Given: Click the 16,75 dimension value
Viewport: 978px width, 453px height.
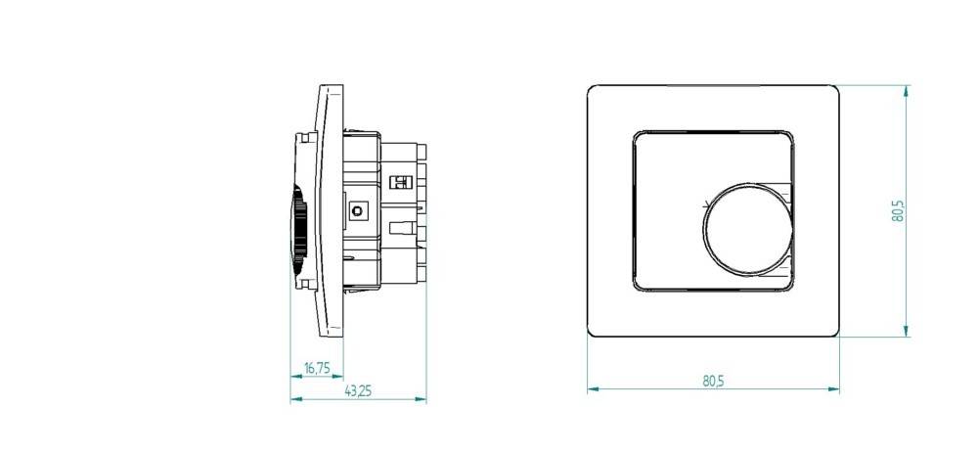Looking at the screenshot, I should tap(317, 368).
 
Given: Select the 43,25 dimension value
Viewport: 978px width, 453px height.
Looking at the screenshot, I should tap(358, 391).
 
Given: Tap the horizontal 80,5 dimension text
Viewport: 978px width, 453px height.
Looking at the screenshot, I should tap(713, 381).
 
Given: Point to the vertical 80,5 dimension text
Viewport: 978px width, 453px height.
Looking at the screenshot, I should tap(898, 212).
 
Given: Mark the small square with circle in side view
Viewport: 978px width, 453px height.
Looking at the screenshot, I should tap(357, 209).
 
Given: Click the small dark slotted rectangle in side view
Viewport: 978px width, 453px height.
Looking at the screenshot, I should tap(398, 181).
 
